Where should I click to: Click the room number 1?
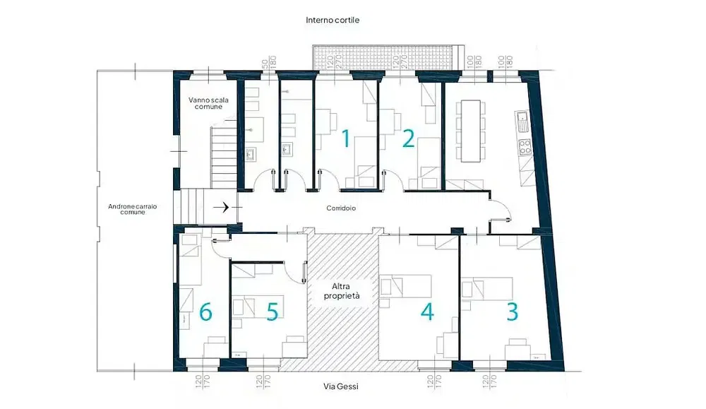click(345, 138)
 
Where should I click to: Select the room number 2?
click(407, 138)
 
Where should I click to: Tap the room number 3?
click(512, 312)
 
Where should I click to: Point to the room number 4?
click(426, 312)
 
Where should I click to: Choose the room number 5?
click(272, 312)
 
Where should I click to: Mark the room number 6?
click(205, 312)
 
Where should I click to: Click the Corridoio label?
click(341, 208)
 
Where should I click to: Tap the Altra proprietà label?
click(342, 291)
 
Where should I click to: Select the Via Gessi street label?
click(341, 386)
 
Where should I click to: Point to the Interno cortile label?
click(333, 20)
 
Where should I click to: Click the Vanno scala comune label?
click(205, 103)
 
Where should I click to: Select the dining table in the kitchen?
click(470, 129)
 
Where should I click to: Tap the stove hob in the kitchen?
click(525, 148)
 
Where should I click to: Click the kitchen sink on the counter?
click(522, 121)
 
